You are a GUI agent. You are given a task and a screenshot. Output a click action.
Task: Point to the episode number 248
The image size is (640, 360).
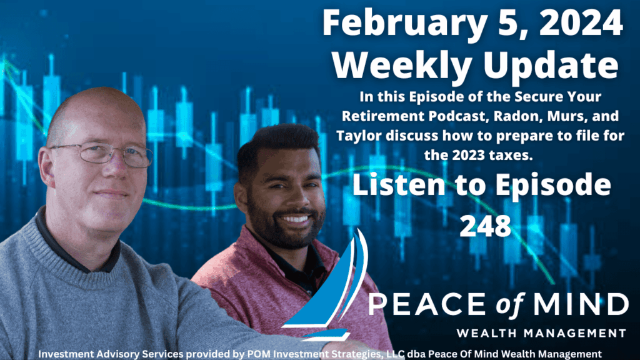click(485, 226)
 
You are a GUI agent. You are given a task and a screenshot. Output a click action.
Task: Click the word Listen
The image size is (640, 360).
click(398, 184)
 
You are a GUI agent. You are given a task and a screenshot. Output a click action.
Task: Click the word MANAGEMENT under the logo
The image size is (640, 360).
click(574, 333)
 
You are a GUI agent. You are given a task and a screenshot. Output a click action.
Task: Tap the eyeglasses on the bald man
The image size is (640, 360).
click(102, 154)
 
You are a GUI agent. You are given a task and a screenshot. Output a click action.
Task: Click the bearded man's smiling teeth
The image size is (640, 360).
click(295, 219)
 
